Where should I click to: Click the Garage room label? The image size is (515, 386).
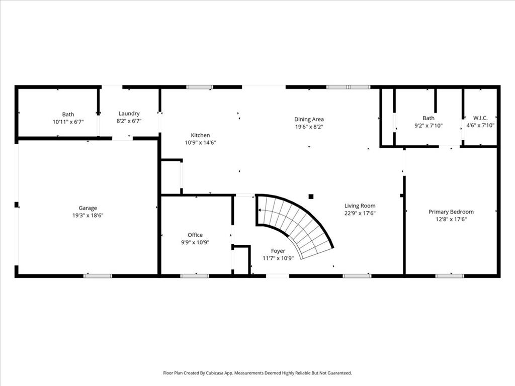88,208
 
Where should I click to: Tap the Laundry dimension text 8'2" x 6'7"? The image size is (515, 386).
129,121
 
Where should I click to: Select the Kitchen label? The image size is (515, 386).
200,135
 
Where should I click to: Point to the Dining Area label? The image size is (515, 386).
309,119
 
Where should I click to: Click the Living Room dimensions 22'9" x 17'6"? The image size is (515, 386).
360,213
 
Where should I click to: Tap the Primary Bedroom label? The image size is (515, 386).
451,212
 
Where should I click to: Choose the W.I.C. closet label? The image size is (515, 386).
480,118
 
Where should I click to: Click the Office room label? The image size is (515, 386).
195,235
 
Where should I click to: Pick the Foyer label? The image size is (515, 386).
278,251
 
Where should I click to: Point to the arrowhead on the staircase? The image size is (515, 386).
260,210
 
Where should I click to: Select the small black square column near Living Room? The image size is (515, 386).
311,197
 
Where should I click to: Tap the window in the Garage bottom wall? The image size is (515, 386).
98,276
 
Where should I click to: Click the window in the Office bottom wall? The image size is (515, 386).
195,276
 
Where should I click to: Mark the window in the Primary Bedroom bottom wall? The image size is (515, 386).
450,276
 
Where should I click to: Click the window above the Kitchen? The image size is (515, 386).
200,87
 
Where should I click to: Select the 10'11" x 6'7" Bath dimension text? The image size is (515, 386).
68,122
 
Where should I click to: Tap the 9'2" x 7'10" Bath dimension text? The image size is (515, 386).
428,125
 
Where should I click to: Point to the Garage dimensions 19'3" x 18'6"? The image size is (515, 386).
88,215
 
